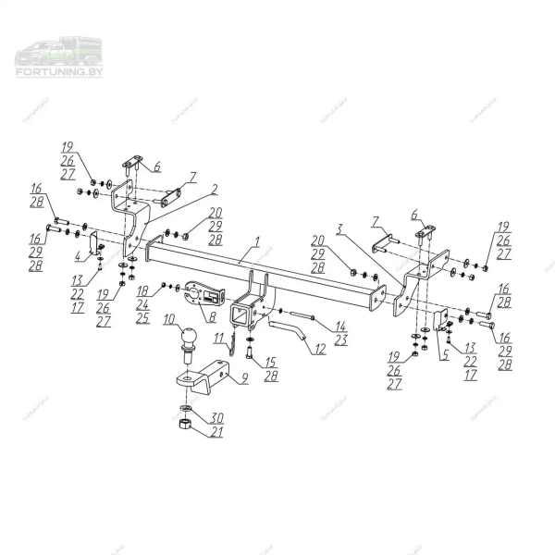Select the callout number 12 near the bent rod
tap(320, 350)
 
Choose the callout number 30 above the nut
tap(217, 415)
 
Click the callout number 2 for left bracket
tap(214, 189)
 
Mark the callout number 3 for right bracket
tap(340, 227)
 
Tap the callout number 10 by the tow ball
tap(168, 321)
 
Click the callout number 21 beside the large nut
tap(216, 431)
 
